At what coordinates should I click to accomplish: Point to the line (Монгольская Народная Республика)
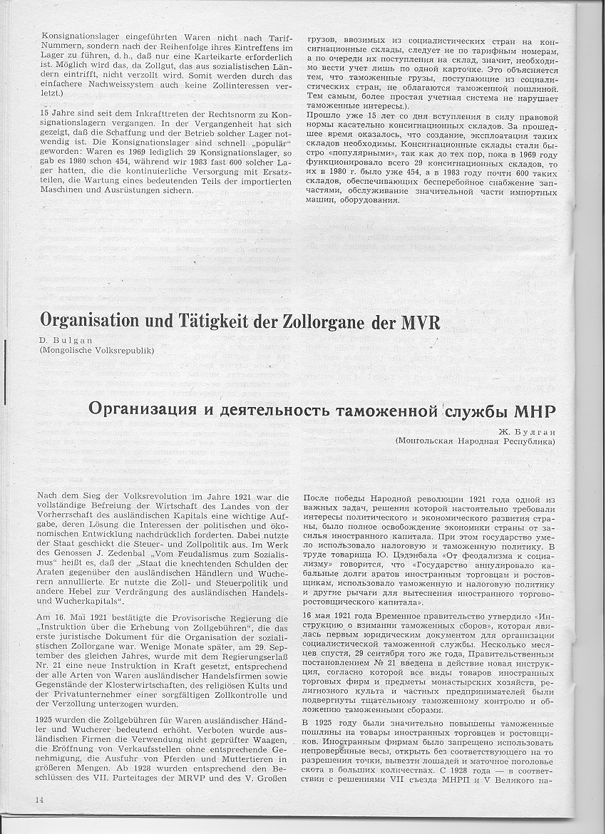click(475, 442)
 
